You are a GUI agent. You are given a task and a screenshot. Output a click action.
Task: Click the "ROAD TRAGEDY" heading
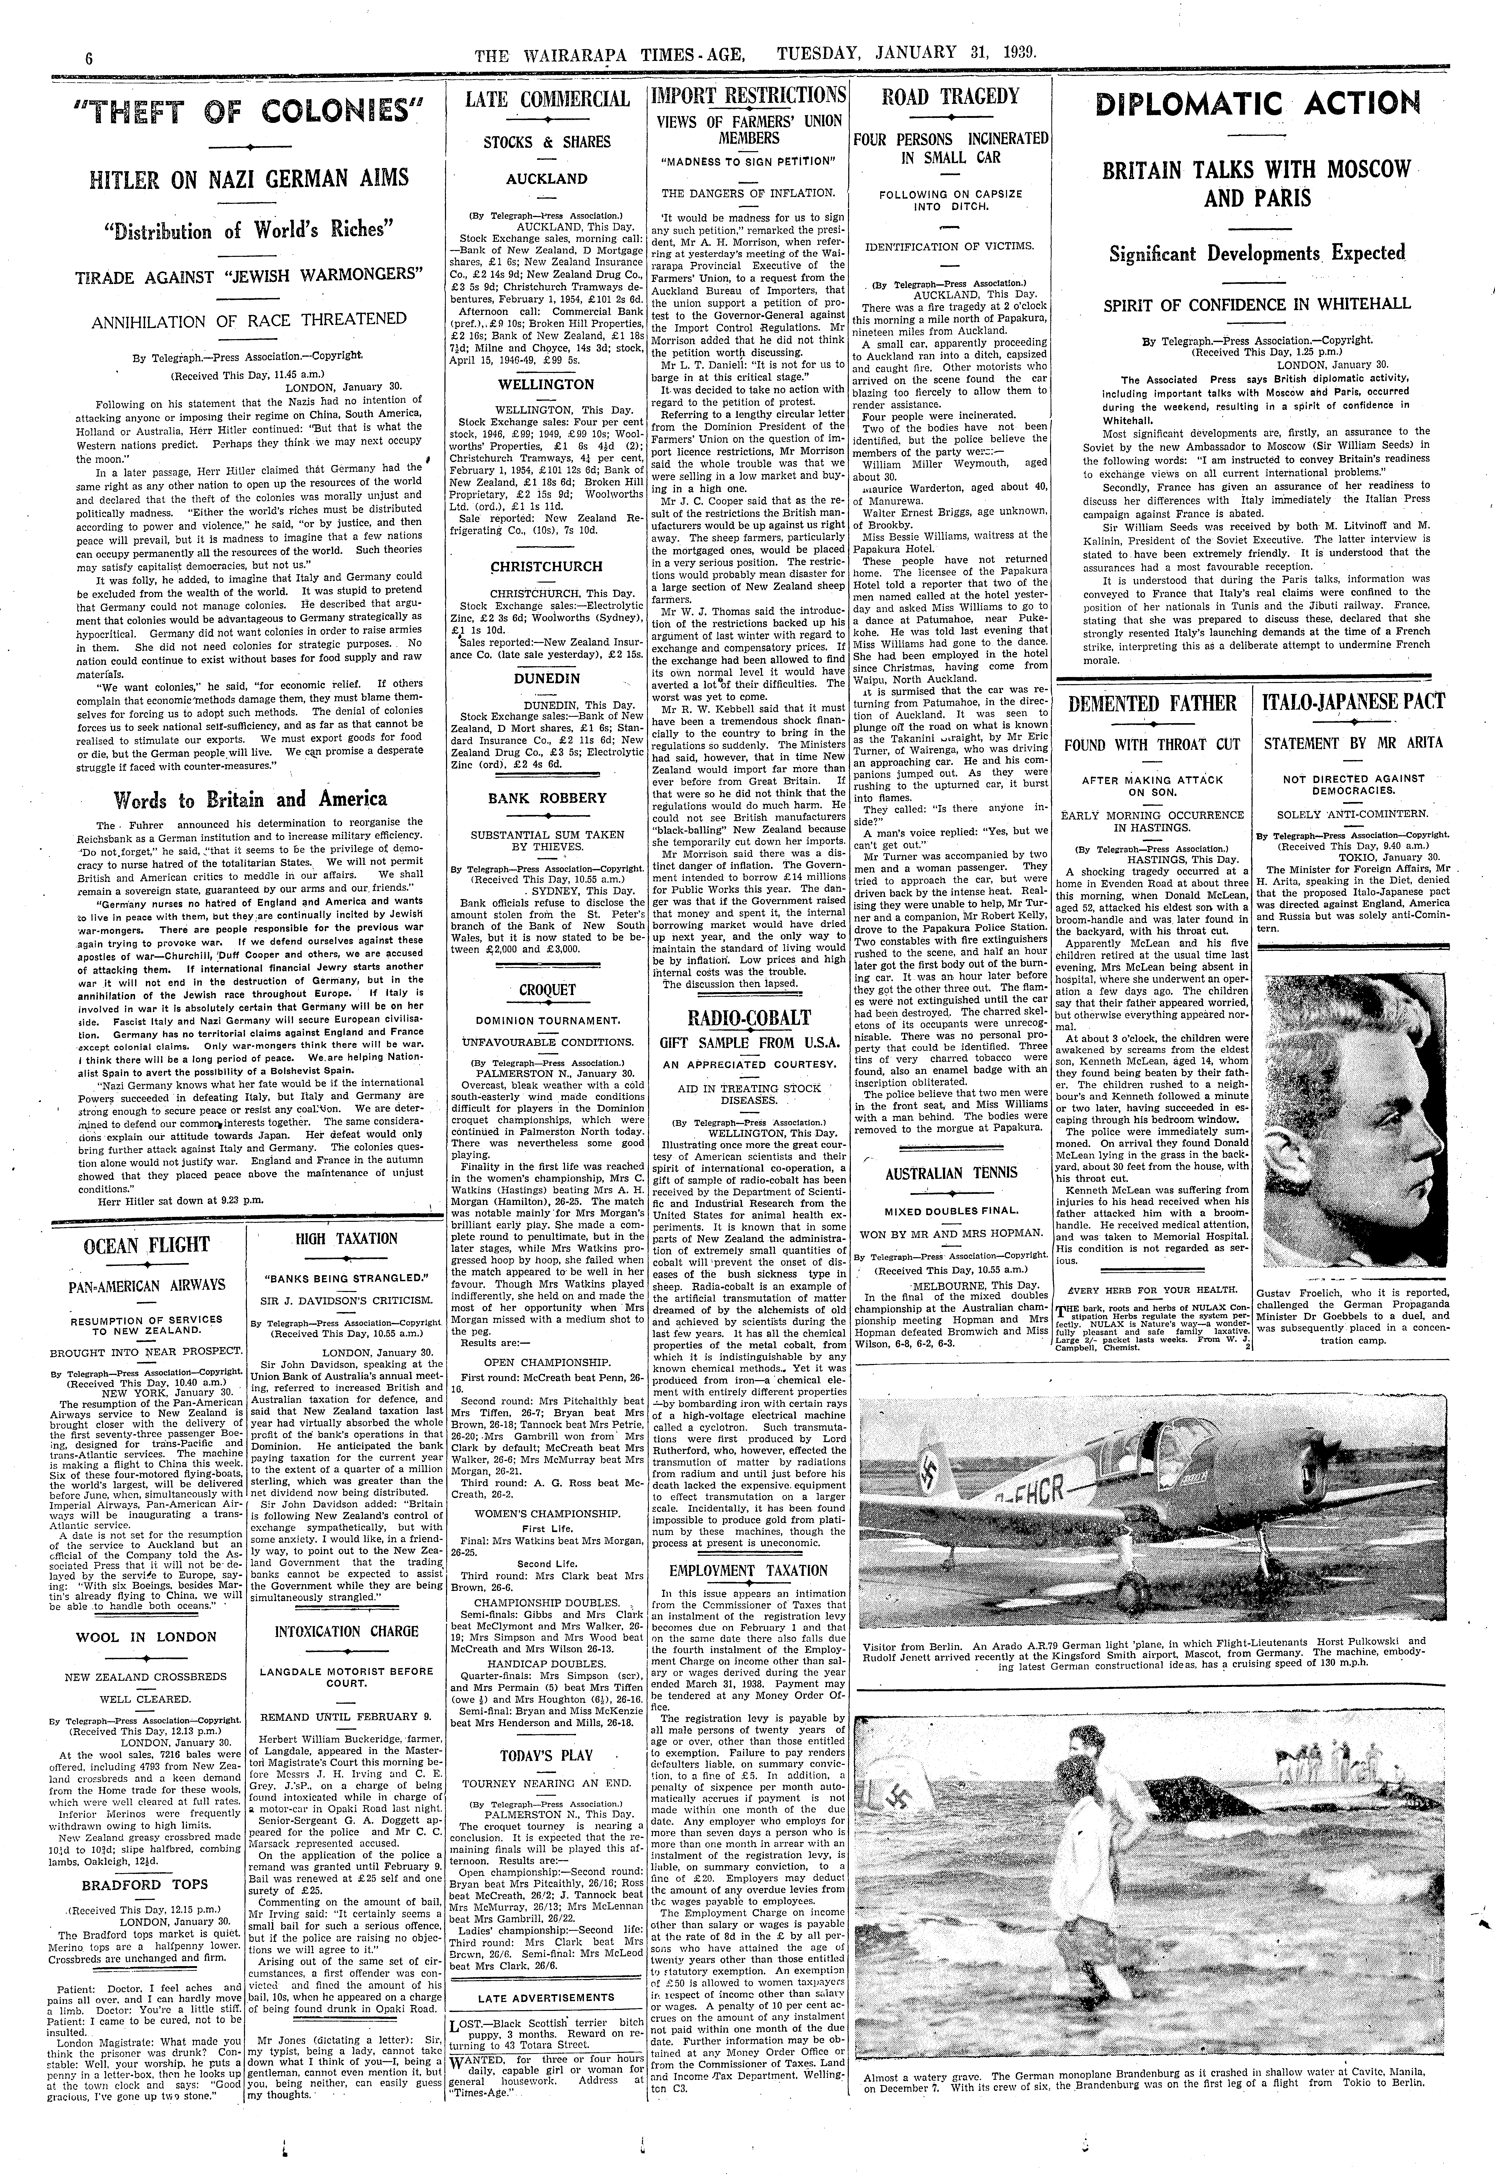click(951, 97)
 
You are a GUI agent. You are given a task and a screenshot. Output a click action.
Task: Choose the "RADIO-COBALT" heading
click(749, 1018)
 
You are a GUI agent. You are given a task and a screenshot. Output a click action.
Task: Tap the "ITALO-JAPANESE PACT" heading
click(1353, 702)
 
